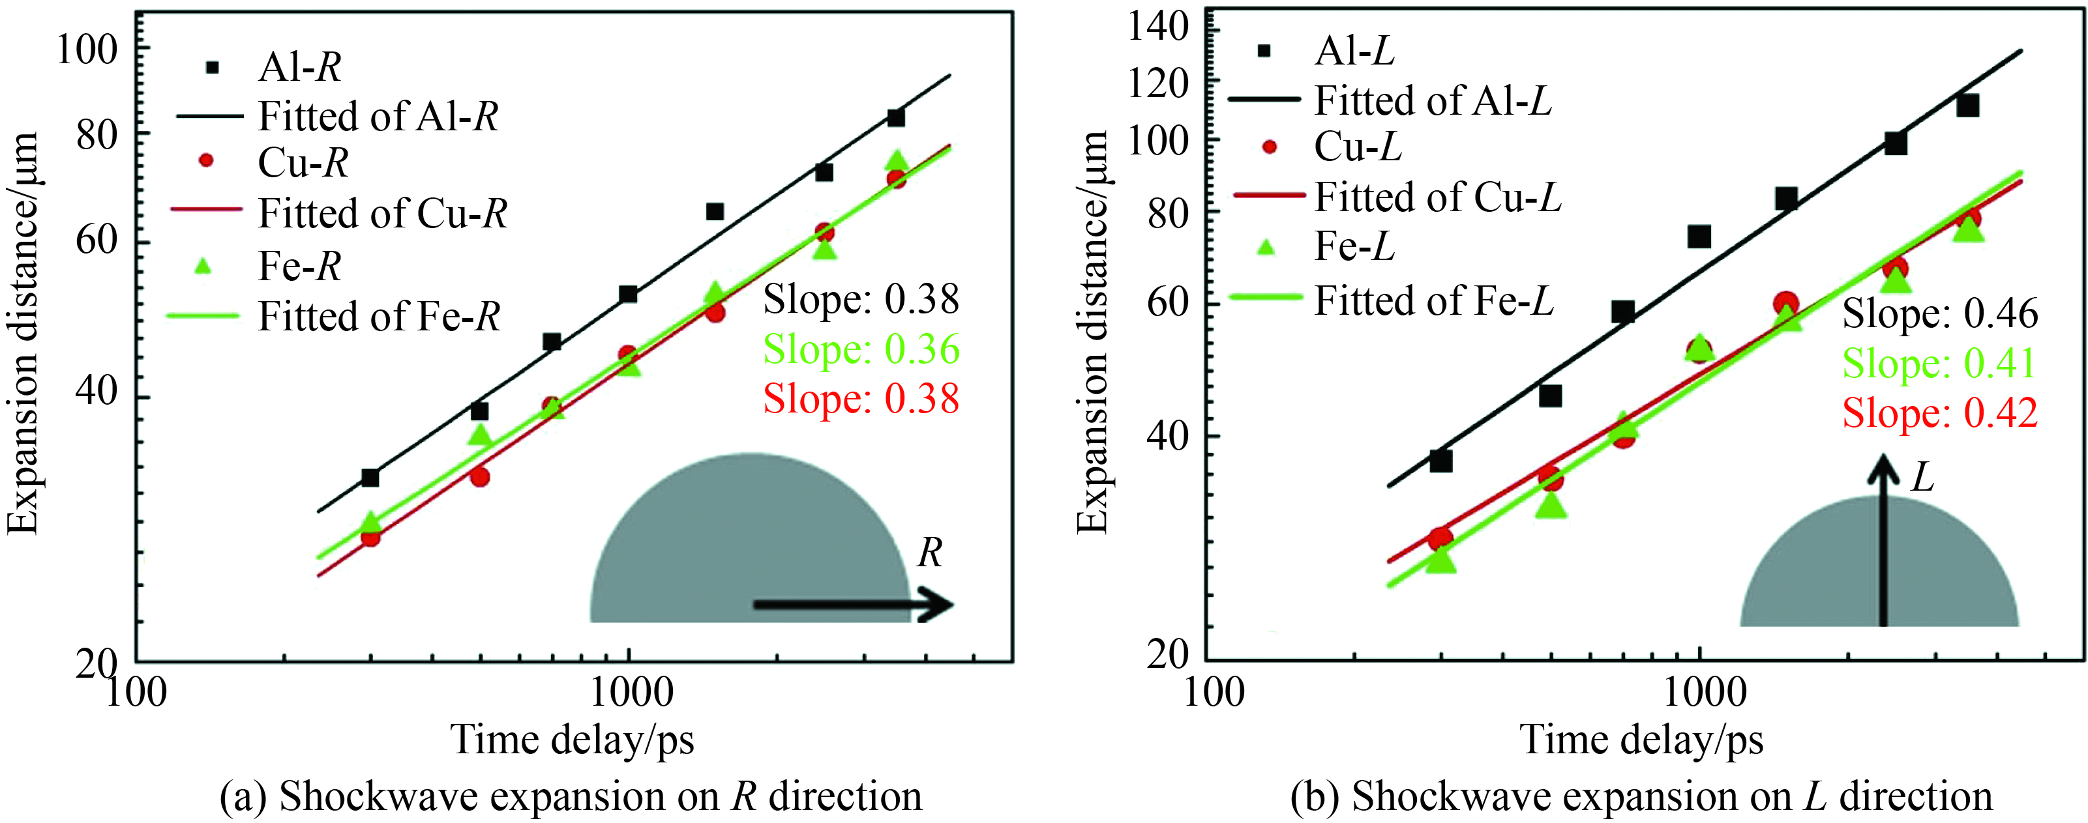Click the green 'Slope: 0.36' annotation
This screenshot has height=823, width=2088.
point(861,349)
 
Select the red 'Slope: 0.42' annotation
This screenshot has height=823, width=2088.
point(1940,413)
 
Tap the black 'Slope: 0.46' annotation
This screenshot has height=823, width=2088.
point(1940,313)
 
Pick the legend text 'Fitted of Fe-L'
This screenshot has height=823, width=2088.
point(1434,300)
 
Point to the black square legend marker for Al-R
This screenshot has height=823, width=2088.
point(213,67)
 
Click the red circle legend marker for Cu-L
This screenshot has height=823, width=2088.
point(1270,147)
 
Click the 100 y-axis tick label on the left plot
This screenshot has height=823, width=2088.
point(87,50)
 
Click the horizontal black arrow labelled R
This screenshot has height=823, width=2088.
point(853,604)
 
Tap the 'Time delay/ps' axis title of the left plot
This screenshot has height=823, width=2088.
point(573,740)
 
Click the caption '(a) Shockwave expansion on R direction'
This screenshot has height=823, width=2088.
point(571,796)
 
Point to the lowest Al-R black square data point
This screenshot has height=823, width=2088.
point(370,478)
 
